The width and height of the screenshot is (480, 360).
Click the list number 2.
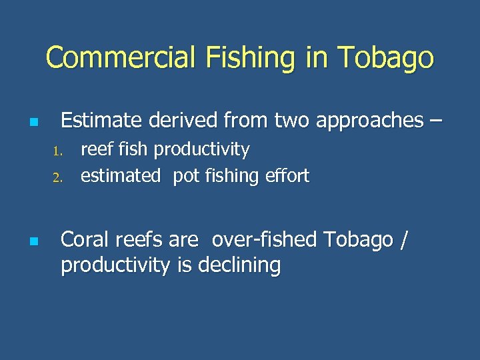coord(57,177)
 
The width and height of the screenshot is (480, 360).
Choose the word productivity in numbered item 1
coord(202,150)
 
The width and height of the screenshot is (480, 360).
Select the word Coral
coord(85,239)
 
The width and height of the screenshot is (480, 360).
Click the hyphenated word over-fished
coord(261,239)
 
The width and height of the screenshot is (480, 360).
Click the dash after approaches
coord(435,121)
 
